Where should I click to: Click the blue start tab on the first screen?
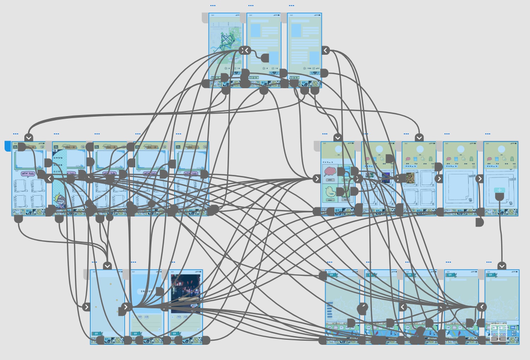(7, 146)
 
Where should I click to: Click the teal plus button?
(499, 190)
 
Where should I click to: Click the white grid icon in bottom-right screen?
(498, 332)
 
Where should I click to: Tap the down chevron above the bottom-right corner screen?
(502, 266)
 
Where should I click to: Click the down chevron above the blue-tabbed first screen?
(29, 138)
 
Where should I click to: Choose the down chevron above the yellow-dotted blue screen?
(107, 266)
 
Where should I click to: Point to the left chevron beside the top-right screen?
(325, 51)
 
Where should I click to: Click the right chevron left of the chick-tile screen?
(317, 179)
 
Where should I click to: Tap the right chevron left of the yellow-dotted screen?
(87, 307)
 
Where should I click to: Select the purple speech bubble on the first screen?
(28, 174)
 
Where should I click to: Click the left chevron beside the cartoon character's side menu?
(50, 179)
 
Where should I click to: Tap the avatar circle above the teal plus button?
(501, 149)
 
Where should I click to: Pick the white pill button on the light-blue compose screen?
(146, 292)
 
